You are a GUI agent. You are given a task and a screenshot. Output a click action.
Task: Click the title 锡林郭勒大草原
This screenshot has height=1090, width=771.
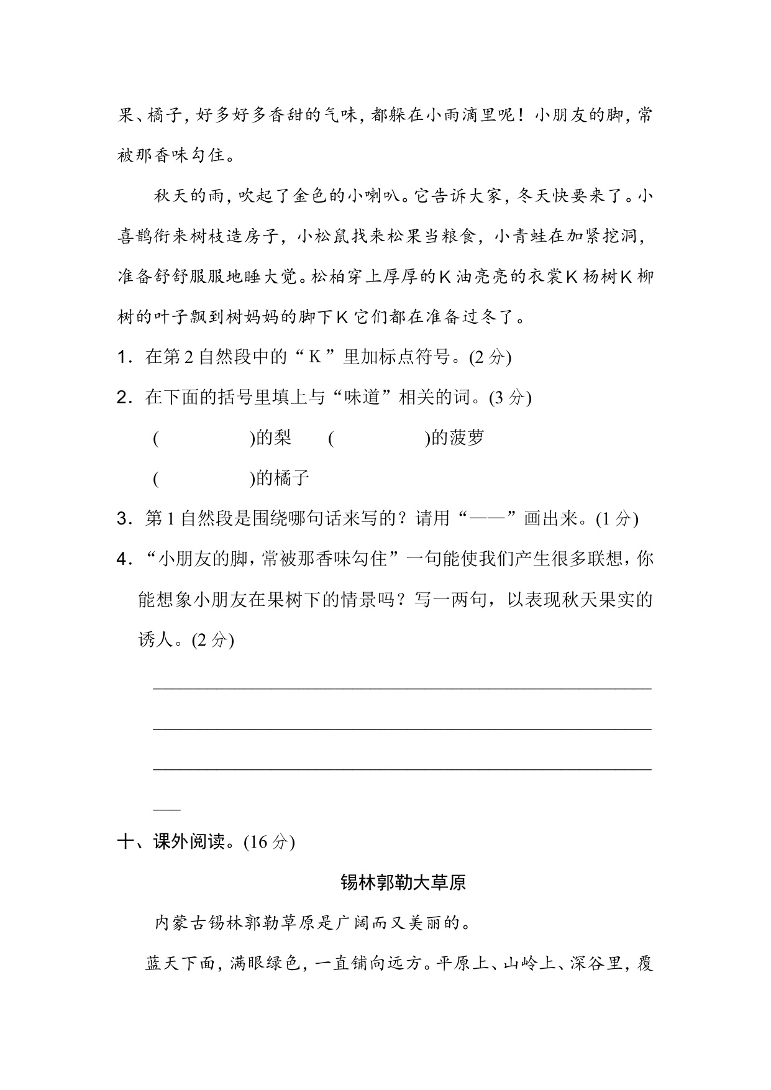[403, 882]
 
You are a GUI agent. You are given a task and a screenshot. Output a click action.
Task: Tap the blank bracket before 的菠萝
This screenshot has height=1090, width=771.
[380, 439]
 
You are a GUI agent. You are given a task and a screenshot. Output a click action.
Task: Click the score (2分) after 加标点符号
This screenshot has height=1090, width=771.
[490, 357]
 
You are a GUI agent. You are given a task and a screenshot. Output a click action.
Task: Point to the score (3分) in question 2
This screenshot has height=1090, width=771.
[510, 398]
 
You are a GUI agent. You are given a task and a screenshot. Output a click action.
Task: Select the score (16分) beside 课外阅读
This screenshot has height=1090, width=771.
[269, 842]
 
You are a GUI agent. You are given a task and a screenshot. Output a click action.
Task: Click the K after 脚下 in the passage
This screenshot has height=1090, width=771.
[340, 318]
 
